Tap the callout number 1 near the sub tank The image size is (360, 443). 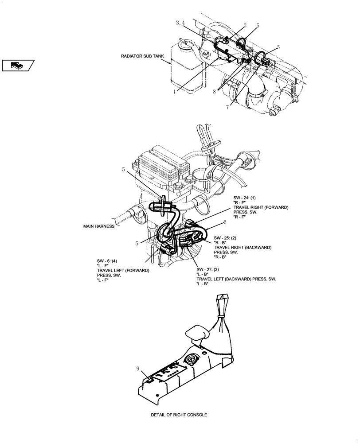tap(175, 92)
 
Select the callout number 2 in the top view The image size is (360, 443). tap(245, 26)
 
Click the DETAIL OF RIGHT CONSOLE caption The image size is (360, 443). tap(178, 415)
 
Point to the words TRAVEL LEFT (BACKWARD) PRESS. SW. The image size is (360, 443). tap(236, 279)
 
